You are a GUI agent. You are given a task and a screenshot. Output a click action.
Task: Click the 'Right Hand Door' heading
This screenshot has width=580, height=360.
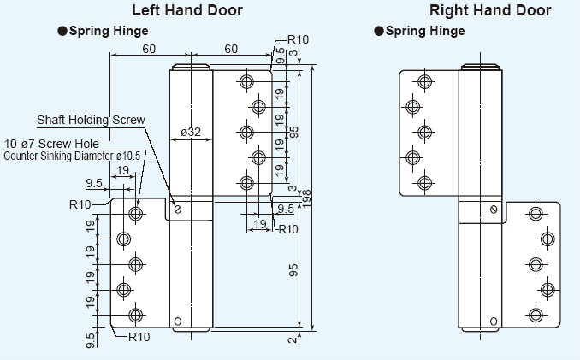coord(490,11)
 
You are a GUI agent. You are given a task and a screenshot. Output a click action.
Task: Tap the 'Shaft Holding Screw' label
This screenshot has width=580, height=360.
coord(91,120)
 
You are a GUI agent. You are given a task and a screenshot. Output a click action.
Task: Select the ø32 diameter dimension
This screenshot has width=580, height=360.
coord(191,132)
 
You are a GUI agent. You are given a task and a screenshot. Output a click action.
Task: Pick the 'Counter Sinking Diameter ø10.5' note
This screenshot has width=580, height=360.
coord(75,156)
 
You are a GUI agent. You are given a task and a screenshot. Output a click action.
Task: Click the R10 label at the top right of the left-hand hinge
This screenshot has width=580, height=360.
coord(298,39)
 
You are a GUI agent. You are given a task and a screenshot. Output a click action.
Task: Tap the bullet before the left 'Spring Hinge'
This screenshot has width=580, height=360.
coord(62,31)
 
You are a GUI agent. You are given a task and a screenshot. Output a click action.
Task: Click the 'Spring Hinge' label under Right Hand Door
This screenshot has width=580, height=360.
coord(425,31)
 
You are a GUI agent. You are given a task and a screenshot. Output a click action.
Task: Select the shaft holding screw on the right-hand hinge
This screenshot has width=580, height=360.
coord(494,210)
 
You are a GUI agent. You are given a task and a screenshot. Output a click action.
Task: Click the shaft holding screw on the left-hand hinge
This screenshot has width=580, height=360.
coord(179,210)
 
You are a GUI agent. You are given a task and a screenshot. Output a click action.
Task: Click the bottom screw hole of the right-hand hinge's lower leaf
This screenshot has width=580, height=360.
coord(536,316)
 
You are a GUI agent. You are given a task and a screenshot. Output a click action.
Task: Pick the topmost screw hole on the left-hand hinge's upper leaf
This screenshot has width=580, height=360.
coord(247,81)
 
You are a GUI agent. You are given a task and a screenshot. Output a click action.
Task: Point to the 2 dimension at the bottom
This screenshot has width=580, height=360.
coord(292,340)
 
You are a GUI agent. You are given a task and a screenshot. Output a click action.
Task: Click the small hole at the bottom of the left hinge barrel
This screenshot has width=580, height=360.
coord(178,322)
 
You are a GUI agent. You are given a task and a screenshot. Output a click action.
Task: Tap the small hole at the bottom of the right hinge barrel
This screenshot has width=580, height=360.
coord(494,322)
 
